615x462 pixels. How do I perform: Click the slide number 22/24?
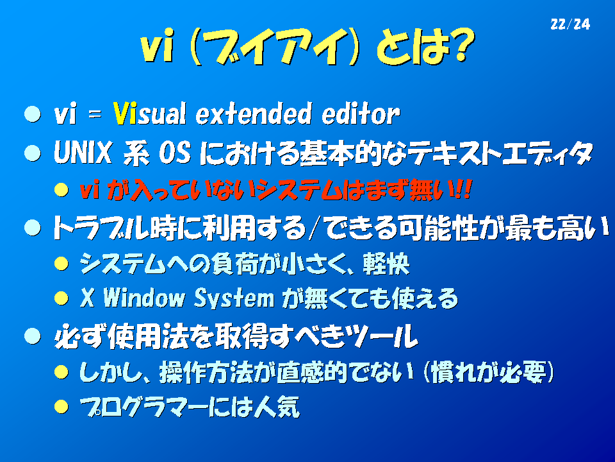pos(570,24)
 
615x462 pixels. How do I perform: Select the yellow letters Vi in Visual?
pos(125,114)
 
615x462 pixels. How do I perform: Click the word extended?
pos(254,114)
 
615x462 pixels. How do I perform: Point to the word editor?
pos(361,114)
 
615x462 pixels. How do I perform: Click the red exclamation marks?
pos(463,190)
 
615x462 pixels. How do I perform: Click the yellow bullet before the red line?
pos(61,190)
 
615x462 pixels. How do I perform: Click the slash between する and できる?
pos(313,228)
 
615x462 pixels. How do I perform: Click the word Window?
pos(143,298)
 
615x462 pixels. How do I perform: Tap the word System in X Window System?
pos(234,298)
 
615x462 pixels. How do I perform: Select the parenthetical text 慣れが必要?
pos(488,372)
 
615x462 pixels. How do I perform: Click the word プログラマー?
pos(143,407)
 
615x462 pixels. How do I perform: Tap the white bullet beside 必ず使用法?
pos(32,336)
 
